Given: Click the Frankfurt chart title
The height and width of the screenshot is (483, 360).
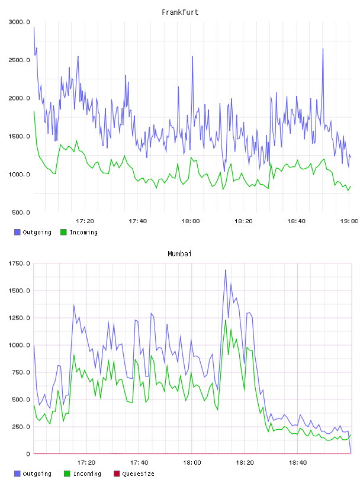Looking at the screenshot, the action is click(x=180, y=12).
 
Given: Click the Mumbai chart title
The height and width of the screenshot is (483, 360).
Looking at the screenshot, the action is click(x=179, y=254).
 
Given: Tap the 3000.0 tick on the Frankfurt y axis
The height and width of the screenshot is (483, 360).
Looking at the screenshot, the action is click(x=19, y=22).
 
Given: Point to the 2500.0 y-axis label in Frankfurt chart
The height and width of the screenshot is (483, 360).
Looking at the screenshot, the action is click(x=19, y=60).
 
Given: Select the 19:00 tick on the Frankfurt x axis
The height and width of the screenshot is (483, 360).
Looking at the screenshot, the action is click(x=349, y=221).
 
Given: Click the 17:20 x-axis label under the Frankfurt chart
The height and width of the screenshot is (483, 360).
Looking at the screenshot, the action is click(x=85, y=221).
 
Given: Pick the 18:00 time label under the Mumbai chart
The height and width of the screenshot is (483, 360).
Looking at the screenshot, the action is click(x=192, y=463).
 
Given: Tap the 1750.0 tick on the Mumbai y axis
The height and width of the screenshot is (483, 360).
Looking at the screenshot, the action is click(x=19, y=263).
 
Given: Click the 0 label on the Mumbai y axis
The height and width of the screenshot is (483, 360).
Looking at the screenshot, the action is click(x=28, y=454).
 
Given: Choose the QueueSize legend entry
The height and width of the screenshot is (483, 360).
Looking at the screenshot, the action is click(x=134, y=474).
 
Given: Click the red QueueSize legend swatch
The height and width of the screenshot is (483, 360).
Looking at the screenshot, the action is click(x=117, y=474).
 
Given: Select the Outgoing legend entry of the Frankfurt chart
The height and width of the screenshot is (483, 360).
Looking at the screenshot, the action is click(x=33, y=232).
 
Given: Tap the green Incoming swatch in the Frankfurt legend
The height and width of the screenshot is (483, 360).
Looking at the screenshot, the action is click(x=63, y=232).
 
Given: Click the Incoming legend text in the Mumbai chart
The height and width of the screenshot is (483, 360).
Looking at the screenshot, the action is click(x=87, y=474).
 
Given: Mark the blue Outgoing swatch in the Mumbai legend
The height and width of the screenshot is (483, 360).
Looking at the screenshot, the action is click(x=17, y=474).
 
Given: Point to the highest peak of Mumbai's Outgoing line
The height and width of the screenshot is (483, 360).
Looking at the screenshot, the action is click(x=226, y=270).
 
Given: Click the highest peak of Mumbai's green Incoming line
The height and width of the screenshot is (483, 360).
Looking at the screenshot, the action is click(x=226, y=320).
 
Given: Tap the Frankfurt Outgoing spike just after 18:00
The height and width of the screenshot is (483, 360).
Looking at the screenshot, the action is click(x=192, y=57).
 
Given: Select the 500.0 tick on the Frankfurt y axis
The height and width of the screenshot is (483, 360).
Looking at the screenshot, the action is click(x=21, y=212).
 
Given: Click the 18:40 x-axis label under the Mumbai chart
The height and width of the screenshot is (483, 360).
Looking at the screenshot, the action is click(x=298, y=463).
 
